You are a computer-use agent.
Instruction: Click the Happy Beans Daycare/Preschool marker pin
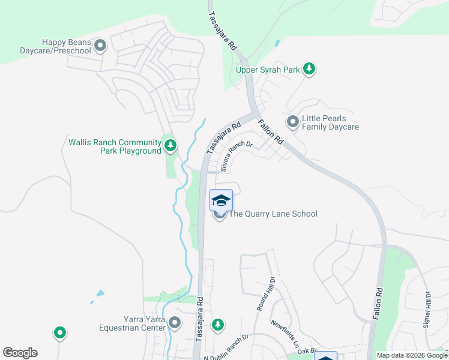click(100, 45)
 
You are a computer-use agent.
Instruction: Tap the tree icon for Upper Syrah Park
click(309, 70)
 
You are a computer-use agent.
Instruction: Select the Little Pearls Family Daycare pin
click(292, 122)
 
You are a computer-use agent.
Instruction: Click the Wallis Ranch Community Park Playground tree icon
click(170, 145)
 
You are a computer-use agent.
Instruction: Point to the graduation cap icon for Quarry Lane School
click(221, 200)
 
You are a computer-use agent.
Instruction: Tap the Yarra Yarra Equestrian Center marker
click(175, 323)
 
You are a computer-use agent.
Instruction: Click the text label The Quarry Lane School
click(273, 214)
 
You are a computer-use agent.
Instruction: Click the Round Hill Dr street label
click(265, 293)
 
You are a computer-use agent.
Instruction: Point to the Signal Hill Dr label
click(427, 310)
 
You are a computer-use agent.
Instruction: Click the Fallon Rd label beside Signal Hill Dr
click(379, 307)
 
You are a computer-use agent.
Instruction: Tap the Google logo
click(20, 353)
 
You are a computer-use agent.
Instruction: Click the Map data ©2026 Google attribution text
click(412, 355)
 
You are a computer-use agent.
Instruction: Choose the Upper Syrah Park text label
click(268, 70)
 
